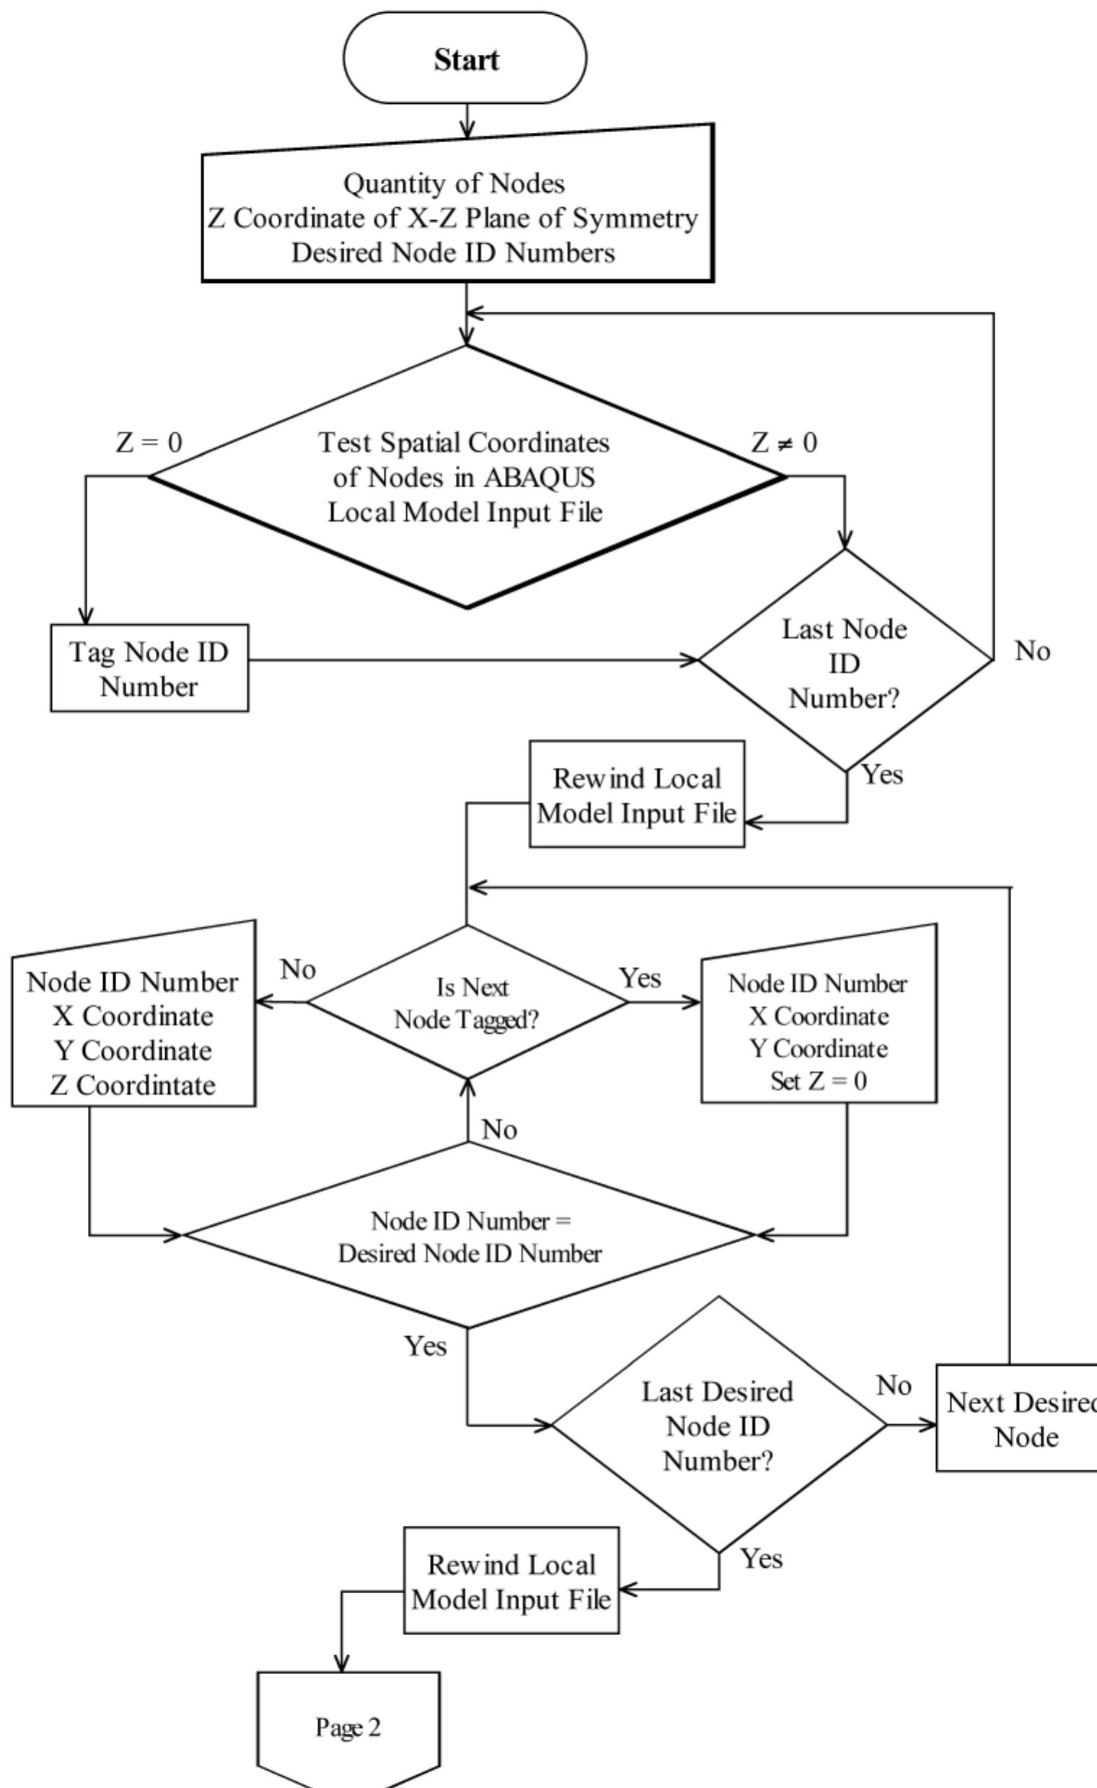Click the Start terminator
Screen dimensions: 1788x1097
point(464,58)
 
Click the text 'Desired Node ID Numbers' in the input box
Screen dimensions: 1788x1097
point(453,253)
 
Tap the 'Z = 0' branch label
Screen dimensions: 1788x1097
point(149,442)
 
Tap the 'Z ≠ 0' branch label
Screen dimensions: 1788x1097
point(783,442)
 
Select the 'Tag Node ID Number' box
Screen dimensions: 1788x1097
point(149,668)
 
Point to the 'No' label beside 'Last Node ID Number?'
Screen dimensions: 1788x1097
point(1031,651)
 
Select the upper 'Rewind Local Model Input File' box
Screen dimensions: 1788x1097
point(636,794)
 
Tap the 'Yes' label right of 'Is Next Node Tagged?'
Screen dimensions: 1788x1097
point(640,978)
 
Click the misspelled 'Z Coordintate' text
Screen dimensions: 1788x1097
point(133,1085)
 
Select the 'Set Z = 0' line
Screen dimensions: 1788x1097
point(818,1081)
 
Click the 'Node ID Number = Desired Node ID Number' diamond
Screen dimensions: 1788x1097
point(470,1237)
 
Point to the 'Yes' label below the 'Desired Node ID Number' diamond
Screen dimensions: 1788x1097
point(425,1346)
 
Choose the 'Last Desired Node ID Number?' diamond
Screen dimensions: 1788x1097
point(718,1425)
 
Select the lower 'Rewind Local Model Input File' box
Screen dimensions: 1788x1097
point(511,1581)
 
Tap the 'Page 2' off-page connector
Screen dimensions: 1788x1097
point(348,1727)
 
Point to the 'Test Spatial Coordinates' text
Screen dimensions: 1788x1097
point(464,442)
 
